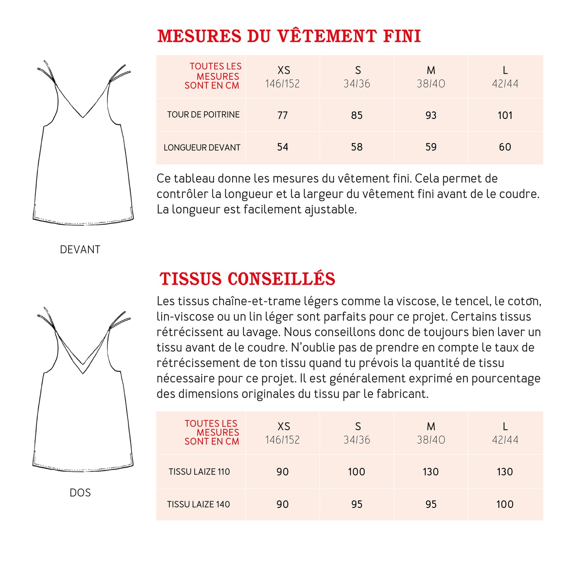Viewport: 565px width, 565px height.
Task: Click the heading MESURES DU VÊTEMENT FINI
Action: pyautogui.click(x=289, y=36)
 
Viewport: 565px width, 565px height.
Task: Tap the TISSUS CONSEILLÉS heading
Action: pyautogui.click(x=247, y=279)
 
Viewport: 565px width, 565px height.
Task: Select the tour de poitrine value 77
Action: pyautogui.click(x=282, y=115)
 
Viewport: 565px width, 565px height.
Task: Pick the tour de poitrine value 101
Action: pyautogui.click(x=505, y=115)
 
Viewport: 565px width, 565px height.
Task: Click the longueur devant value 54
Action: pyautogui.click(x=282, y=147)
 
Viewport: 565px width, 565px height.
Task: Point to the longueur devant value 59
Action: pyautogui.click(x=430, y=147)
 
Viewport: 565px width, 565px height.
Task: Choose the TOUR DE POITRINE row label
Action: pyautogui.click(x=203, y=115)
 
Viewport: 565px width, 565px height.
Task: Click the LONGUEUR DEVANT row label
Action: pyautogui.click(x=202, y=148)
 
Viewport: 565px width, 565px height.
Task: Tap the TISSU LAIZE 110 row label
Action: pyautogui.click(x=199, y=472)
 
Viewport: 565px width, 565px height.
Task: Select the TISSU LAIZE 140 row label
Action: pyautogui.click(x=198, y=504)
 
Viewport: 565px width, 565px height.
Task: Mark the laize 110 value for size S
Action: pyautogui.click(x=356, y=472)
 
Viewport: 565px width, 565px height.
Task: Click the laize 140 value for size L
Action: pyautogui.click(x=505, y=504)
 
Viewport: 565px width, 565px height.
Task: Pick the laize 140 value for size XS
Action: pyautogui.click(x=282, y=504)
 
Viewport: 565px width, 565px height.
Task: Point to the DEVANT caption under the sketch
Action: pyautogui.click(x=80, y=249)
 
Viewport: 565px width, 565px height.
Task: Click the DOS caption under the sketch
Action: pyautogui.click(x=80, y=493)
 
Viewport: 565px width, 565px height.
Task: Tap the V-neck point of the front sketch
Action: pyautogui.click(x=83, y=117)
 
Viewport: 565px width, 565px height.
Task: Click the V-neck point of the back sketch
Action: pyautogui.click(x=83, y=373)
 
